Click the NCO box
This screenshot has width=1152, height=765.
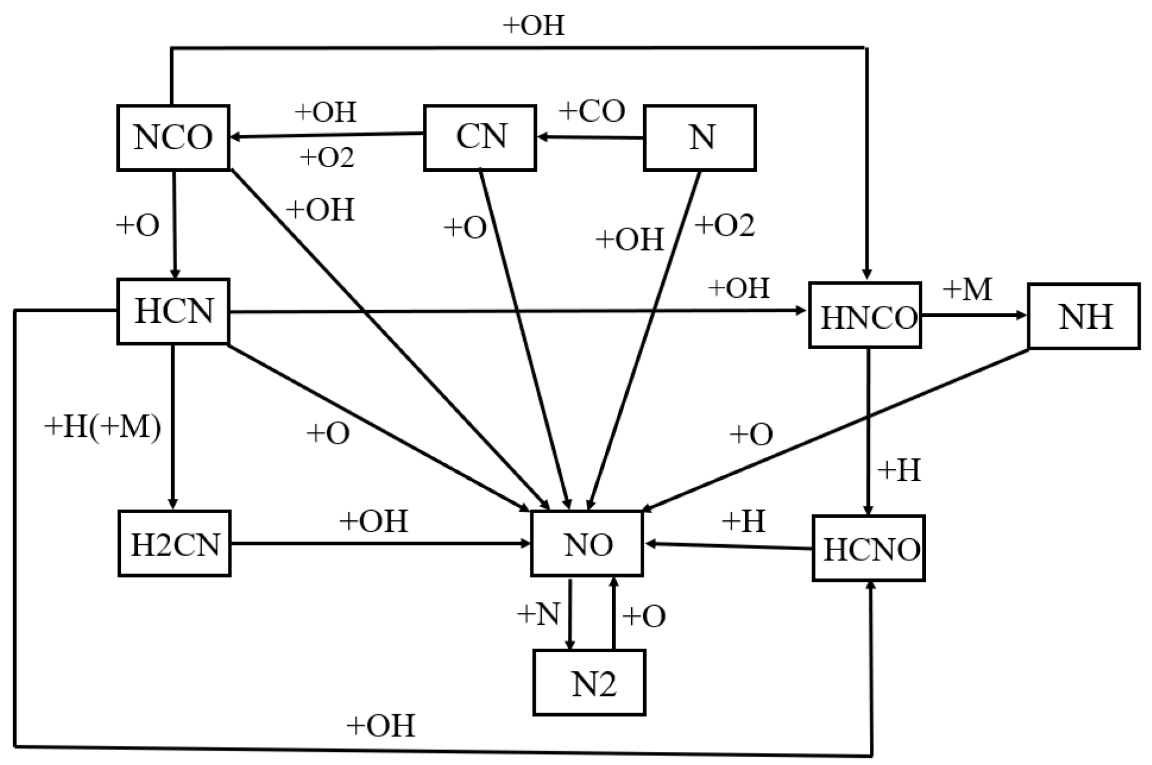[173, 138]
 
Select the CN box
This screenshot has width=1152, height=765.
[480, 138]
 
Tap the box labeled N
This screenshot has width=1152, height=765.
[700, 138]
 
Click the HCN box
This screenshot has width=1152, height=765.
[173, 311]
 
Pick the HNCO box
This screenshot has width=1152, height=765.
[865, 316]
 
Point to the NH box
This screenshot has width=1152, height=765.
[1084, 316]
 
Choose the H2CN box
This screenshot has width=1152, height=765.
[174, 544]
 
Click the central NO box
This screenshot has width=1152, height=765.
[587, 544]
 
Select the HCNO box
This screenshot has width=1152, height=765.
[869, 548]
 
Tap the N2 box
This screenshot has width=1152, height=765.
[589, 683]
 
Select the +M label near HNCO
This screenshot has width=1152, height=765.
[967, 290]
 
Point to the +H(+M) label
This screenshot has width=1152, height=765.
[103, 427]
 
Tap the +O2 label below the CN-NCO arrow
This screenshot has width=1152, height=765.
[327, 158]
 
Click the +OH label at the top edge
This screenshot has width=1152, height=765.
[533, 26]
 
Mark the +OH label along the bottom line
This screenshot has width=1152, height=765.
[381, 726]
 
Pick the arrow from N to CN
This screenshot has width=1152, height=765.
[590, 138]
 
